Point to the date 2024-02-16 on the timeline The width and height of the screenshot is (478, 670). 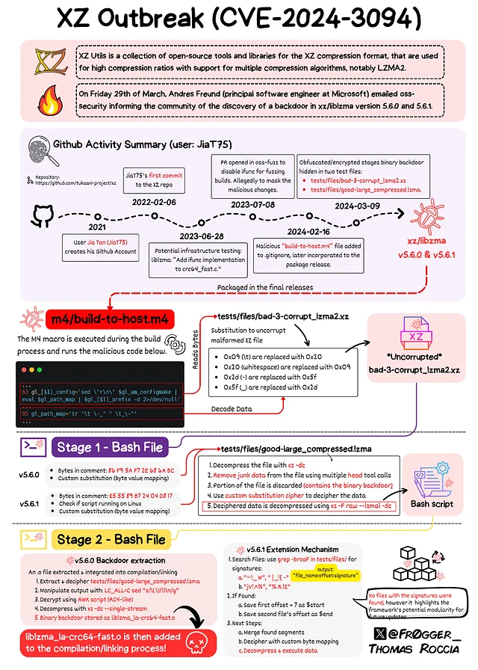pos(309,233)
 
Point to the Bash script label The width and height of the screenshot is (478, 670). pos(429,504)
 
